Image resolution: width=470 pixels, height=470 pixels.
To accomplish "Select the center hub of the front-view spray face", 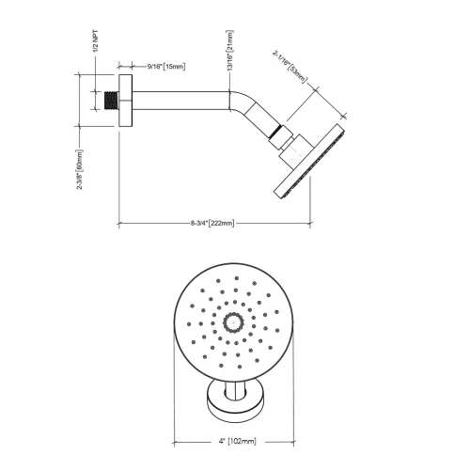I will click(x=230, y=323).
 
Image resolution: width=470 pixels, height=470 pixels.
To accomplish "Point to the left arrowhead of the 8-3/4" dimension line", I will click(x=120, y=223).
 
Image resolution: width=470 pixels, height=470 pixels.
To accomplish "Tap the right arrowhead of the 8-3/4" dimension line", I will click(x=310, y=223).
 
